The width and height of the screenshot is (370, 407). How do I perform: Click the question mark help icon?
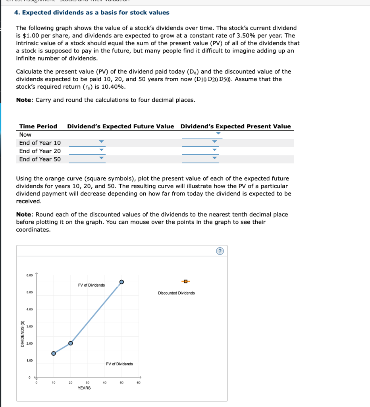tap(221, 251)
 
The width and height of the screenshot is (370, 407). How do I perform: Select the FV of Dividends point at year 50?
tap(121, 281)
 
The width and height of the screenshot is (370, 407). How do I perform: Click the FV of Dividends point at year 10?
tap(54, 353)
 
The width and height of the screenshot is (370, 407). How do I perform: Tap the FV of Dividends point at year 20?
tap(70, 343)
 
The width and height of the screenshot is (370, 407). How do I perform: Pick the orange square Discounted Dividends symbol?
tap(185, 282)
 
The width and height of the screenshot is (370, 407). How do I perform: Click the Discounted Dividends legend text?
tap(176, 293)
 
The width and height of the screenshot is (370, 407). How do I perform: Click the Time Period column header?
tap(38, 126)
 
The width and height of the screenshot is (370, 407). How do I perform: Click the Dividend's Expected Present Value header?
tap(235, 126)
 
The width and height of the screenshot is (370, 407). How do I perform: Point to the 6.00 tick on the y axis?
tap(30, 275)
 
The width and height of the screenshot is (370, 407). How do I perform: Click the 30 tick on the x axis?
tap(87, 382)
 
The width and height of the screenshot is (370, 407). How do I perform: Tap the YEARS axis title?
tap(84, 388)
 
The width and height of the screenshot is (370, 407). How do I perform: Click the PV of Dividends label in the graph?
tap(119, 364)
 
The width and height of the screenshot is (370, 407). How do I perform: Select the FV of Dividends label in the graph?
tap(92, 285)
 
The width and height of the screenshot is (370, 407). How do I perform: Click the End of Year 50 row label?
tap(40, 159)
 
